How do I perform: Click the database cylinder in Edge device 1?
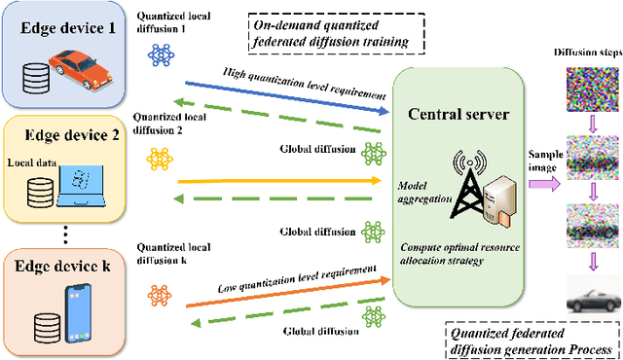click(36, 76)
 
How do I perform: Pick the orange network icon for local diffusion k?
click(160, 293)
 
